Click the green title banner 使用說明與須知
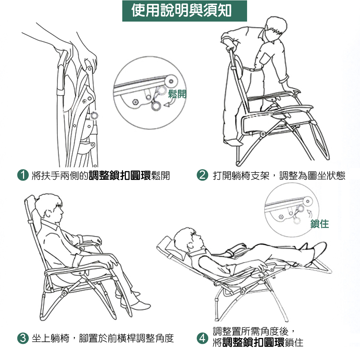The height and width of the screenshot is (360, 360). click(184, 11)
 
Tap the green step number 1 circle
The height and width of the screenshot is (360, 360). click(23, 175)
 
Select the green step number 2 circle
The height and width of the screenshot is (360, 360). click(202, 175)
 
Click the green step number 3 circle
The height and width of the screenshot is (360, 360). click(23, 338)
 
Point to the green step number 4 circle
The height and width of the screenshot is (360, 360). click(202, 338)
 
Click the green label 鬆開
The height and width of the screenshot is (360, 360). click(177, 94)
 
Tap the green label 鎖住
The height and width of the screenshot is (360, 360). click(320, 224)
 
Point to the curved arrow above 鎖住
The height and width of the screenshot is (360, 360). click(310, 213)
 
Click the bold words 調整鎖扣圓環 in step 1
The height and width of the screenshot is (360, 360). click(120, 176)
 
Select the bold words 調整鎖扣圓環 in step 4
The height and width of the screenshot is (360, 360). click(253, 342)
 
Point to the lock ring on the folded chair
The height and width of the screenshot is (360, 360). click(94, 116)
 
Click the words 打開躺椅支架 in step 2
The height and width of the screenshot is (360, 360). click(241, 176)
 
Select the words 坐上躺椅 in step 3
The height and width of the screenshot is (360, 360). click(50, 338)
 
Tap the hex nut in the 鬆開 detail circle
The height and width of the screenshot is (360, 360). click(135, 102)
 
